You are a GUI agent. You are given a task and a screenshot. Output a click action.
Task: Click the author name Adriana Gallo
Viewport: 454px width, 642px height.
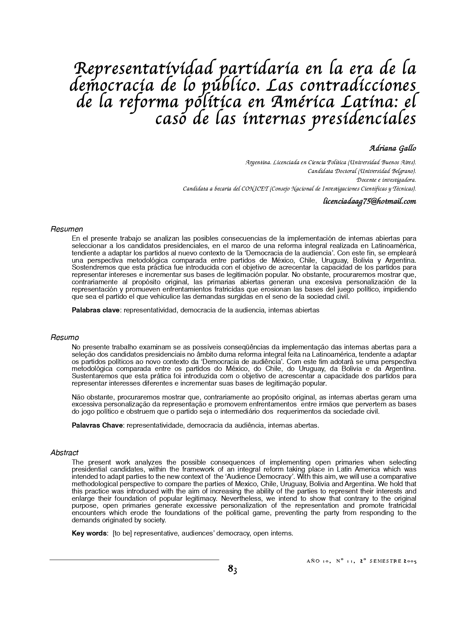pos(392,149)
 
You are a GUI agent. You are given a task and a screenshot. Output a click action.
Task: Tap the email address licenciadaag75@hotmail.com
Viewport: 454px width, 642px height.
pos(369,201)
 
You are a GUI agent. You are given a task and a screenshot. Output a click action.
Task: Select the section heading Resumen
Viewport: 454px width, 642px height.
pos(67,229)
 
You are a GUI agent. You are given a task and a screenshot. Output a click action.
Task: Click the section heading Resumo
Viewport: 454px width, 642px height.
pos(64,337)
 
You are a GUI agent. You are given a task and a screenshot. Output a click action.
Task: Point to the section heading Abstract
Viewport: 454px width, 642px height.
pos(64,453)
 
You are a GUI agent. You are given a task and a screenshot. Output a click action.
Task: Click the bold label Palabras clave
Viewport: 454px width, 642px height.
pos(96,310)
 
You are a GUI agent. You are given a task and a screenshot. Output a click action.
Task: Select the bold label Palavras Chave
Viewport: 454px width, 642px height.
pos(97,425)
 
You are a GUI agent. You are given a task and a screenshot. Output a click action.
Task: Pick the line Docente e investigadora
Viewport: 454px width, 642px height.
pos(386,180)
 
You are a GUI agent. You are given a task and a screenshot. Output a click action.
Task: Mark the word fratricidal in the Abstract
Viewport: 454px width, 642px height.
pos(399,506)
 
